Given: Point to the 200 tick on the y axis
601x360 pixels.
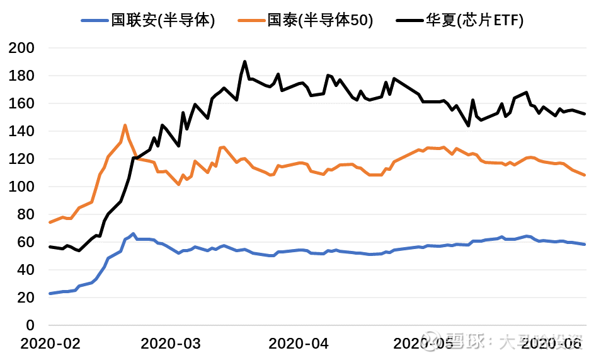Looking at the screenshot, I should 23,48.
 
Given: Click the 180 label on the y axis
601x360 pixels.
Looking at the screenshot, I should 23,76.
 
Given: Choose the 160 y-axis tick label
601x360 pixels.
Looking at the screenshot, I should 23,103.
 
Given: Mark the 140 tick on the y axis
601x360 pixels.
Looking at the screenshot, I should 23,131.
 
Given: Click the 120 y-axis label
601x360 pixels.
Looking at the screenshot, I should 23,159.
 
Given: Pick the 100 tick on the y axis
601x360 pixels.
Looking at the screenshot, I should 23,187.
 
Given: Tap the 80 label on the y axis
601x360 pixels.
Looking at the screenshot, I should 26,214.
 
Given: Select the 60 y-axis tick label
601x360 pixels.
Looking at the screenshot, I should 26,242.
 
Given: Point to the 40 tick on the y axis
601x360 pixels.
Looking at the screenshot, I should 26,270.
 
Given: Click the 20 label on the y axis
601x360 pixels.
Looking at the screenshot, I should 26,298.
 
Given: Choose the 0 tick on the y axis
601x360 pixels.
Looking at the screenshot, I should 30,325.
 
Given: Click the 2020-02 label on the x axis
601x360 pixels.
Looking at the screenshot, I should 50,344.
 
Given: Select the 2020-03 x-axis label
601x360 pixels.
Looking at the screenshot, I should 171,344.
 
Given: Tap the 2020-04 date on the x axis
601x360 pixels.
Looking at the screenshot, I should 298,344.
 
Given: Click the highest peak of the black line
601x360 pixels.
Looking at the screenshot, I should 244,62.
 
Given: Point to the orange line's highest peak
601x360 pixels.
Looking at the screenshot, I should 125,125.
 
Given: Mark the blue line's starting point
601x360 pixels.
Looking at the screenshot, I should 50,294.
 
